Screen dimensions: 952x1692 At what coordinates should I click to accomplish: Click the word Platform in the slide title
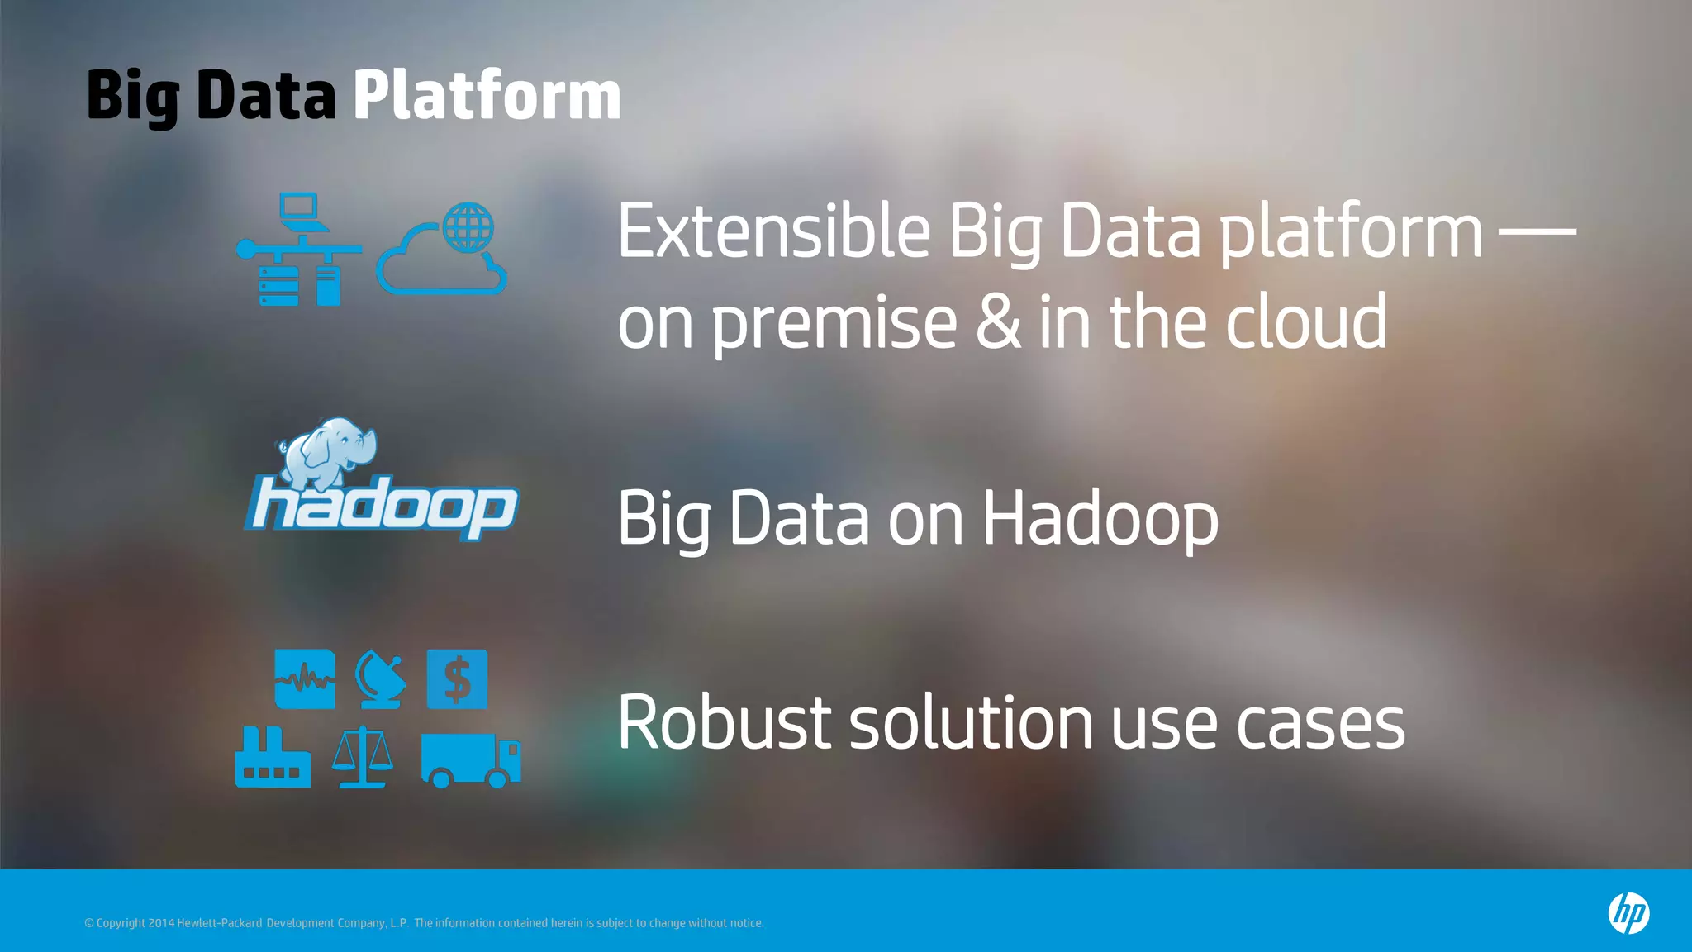click(487, 96)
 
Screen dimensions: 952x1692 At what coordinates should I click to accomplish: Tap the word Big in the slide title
click(132, 98)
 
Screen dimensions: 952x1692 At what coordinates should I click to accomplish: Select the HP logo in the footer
click(1628, 913)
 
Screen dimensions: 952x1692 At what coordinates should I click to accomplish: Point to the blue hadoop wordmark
click(383, 506)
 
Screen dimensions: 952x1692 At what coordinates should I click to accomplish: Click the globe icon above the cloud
click(468, 227)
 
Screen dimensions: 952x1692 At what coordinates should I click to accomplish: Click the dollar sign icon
click(457, 679)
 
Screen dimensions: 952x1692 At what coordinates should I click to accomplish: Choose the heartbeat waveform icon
click(305, 679)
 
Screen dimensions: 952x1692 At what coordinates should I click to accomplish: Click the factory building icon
click(273, 758)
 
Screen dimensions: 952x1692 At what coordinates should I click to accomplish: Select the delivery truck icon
click(470, 759)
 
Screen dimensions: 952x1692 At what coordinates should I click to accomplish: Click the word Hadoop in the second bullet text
click(1100, 519)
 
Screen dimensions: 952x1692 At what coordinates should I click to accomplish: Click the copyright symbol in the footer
click(89, 923)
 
